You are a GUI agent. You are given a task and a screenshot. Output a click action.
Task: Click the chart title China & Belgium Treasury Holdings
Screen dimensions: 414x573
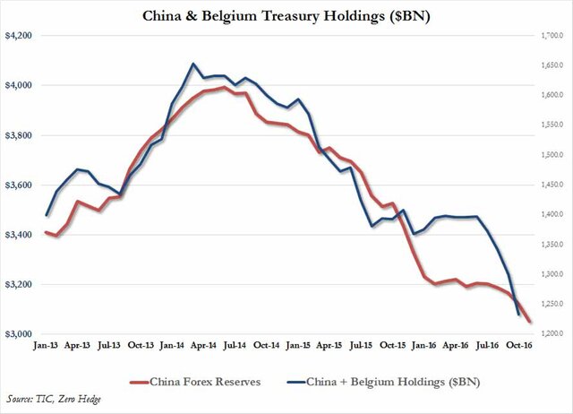coord(286,15)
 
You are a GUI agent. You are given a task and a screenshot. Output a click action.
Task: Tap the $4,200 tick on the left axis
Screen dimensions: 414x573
coord(19,36)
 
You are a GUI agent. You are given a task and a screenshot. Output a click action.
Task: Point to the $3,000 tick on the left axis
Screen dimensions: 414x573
coord(19,333)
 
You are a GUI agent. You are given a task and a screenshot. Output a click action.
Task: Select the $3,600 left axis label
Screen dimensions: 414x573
coord(19,185)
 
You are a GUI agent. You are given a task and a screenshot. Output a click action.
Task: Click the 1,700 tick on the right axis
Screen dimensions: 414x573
coord(549,36)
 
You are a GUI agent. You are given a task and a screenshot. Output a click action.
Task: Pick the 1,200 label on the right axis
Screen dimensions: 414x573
coord(549,333)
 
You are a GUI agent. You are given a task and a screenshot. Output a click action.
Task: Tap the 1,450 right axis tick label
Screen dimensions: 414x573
coord(549,185)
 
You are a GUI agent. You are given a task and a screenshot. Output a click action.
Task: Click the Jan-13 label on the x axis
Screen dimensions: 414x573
coord(46,343)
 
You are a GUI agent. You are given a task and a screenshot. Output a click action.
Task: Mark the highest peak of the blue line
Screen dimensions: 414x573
coord(193,64)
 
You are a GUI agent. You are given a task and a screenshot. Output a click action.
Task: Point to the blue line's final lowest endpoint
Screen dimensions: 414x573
coord(519,315)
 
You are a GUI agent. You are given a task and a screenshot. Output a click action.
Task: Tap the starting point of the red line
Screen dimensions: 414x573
coord(46,232)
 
